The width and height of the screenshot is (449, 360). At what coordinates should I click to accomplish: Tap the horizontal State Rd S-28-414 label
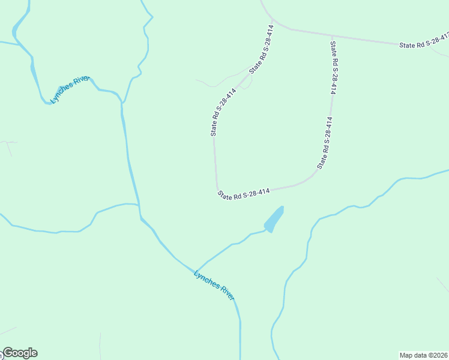tap(244, 193)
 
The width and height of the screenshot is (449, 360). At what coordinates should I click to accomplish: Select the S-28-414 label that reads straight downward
tap(333, 67)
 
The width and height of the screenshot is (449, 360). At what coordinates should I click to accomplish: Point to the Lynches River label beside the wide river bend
tap(70, 89)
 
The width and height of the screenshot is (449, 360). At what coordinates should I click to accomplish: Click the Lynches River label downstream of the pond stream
tap(214, 284)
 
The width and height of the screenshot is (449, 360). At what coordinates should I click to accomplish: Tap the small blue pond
tap(274, 220)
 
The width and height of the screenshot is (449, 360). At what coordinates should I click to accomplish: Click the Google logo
tap(20, 353)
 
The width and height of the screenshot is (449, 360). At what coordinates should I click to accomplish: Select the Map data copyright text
tap(423, 355)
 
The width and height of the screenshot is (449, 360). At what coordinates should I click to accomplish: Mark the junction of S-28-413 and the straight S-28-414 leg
tap(331, 36)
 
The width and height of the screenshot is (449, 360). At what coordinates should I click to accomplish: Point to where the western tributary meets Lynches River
tap(139, 205)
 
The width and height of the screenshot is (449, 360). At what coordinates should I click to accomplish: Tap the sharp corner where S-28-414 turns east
tap(217, 187)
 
